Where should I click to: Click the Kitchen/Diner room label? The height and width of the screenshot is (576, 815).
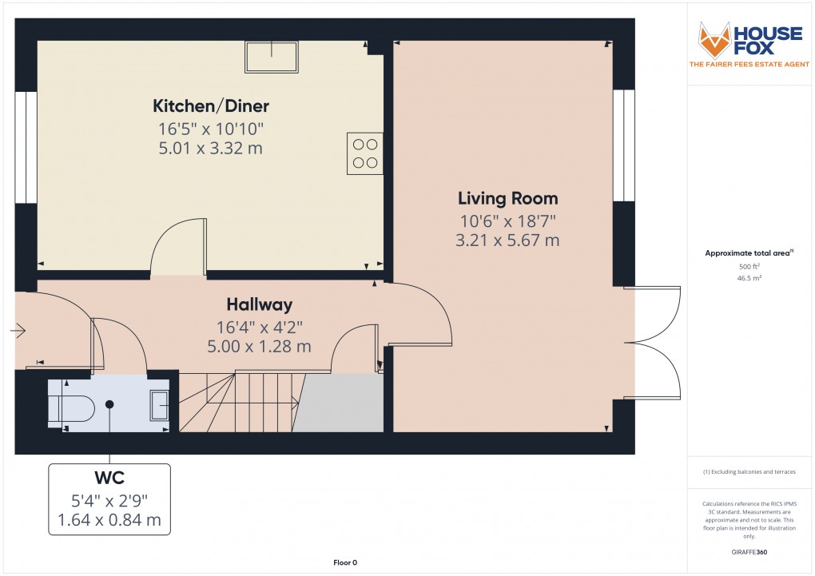(x=211, y=105)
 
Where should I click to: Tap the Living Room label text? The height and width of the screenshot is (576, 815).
(x=507, y=198)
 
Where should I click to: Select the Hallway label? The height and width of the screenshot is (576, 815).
(x=259, y=304)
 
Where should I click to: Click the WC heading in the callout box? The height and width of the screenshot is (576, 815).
(x=109, y=478)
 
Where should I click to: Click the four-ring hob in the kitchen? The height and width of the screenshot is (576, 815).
(x=364, y=153)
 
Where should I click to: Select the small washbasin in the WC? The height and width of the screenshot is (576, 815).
(x=159, y=405)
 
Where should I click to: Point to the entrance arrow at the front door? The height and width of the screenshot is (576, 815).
(x=18, y=330)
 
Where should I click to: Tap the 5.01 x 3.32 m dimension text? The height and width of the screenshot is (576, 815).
(x=211, y=148)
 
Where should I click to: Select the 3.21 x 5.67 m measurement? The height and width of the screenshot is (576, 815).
(x=507, y=240)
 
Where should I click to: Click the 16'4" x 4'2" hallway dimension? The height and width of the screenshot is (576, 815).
(x=259, y=326)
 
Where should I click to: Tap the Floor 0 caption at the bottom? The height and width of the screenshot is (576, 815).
(x=345, y=563)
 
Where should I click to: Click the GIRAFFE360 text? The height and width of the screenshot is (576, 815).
(x=749, y=552)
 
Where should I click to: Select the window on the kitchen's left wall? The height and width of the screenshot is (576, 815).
(x=26, y=148)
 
